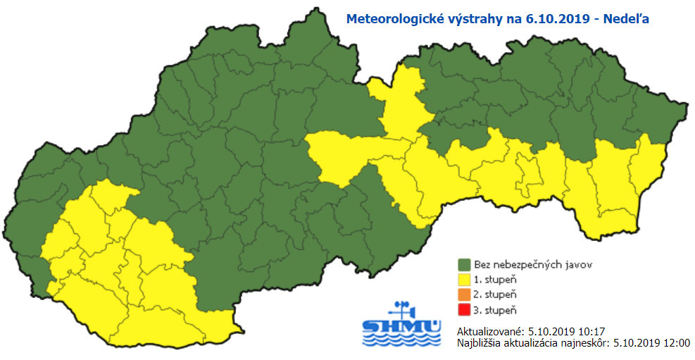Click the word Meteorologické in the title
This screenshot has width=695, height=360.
394,20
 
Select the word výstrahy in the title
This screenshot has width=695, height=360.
476,20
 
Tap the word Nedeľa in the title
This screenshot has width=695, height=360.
623,20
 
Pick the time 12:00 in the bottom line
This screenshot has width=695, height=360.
677,343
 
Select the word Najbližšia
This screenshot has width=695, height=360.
478,343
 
